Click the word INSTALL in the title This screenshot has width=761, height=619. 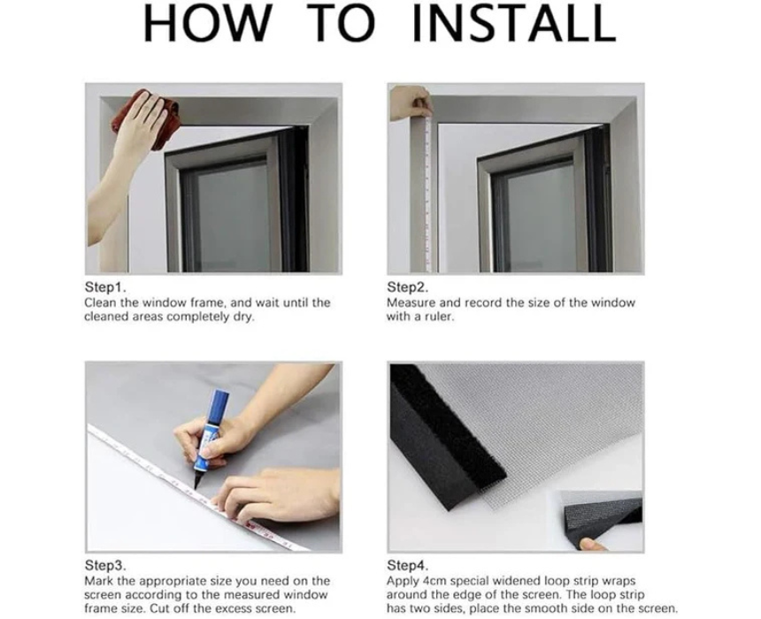coord(513,22)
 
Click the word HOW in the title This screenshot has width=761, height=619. coord(207,22)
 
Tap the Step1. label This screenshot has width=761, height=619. coord(105,287)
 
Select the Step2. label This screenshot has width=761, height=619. coord(408,287)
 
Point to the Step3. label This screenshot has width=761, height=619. coord(105,565)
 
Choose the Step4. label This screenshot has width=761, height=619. coord(408,565)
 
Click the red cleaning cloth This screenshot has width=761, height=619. coord(146,120)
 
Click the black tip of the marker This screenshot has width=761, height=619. coord(197,481)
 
